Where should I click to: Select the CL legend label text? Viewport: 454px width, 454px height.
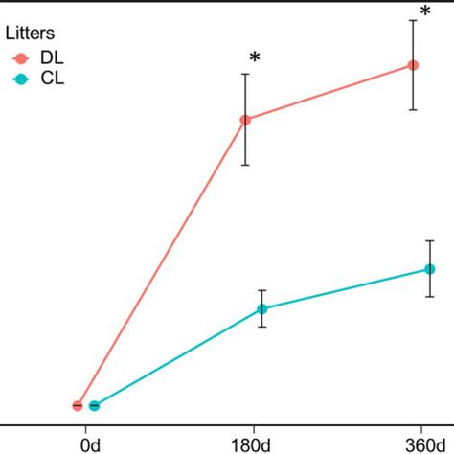(52, 79)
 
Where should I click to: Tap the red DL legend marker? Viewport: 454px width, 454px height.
(20, 57)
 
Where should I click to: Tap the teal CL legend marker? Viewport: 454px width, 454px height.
(20, 79)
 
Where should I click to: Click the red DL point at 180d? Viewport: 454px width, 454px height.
(246, 120)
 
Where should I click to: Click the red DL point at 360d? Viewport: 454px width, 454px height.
(414, 65)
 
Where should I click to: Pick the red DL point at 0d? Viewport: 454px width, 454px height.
(78, 405)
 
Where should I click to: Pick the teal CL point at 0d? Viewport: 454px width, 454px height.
(94, 405)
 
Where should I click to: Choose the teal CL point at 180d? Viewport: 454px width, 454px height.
(261, 308)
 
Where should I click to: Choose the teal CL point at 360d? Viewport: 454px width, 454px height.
(430, 269)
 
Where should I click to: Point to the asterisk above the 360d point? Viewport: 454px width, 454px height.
(424, 12)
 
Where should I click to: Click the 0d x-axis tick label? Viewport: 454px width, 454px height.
(91, 444)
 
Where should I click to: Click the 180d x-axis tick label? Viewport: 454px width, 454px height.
(254, 444)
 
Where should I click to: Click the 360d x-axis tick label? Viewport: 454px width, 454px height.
(422, 444)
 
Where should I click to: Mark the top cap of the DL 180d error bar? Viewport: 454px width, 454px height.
(246, 74)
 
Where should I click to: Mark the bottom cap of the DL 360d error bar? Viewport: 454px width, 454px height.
(414, 109)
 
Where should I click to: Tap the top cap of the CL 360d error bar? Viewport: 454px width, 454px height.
(430, 241)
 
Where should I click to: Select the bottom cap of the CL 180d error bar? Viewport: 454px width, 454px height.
(261, 328)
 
